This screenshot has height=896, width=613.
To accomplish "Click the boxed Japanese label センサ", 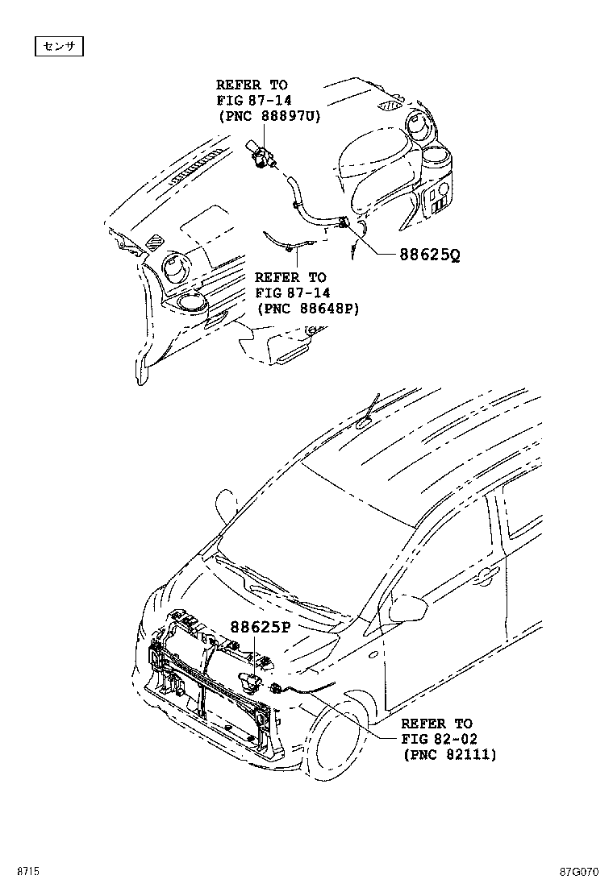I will click(x=59, y=48).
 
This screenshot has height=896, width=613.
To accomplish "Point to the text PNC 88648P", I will click(x=307, y=309).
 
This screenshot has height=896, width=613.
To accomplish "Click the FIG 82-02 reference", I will click(x=436, y=739).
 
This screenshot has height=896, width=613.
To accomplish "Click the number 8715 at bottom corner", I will click(x=30, y=870).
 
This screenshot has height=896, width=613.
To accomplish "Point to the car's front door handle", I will click(x=486, y=574).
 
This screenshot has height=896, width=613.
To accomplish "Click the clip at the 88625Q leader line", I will click(x=344, y=225).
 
